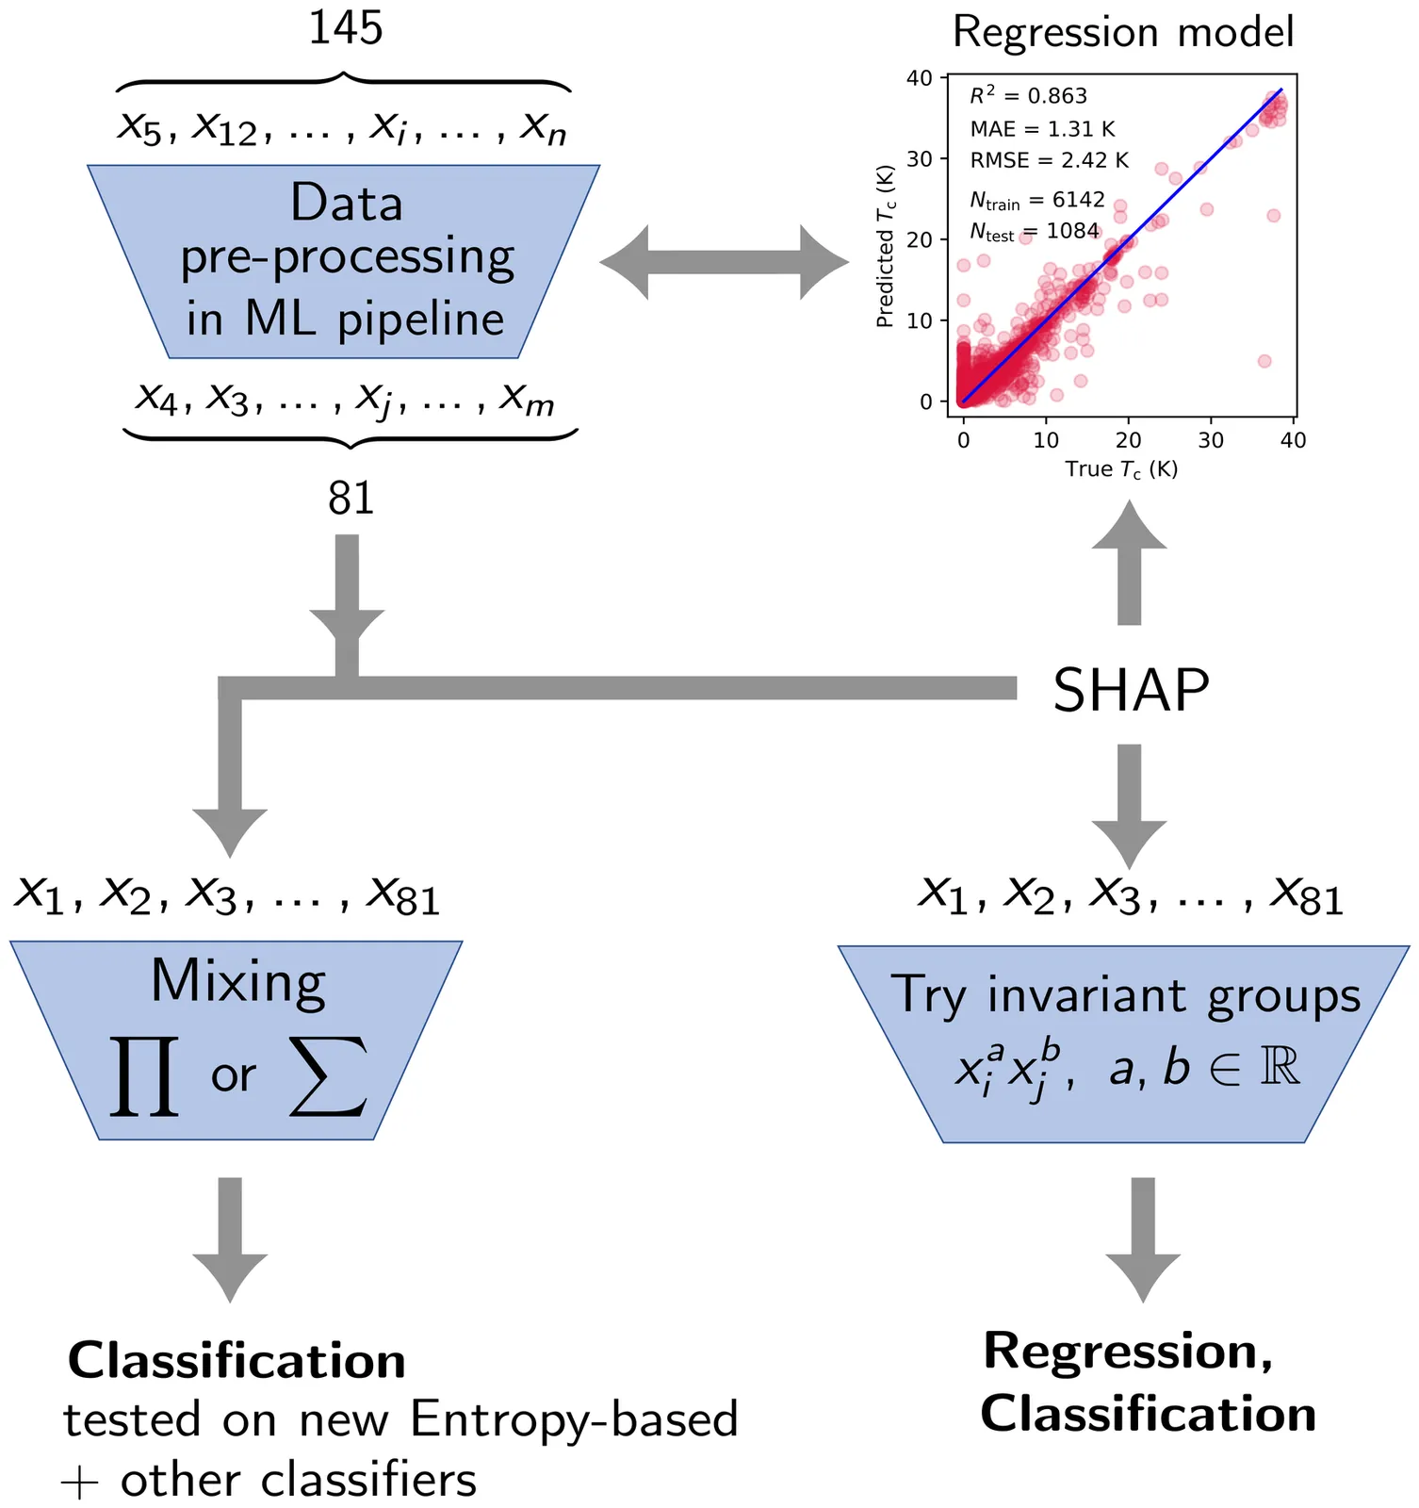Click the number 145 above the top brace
[346, 28]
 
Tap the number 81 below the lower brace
[351, 498]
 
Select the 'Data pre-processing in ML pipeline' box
[345, 261]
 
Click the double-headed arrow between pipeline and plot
[724, 262]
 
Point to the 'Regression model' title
[1123, 32]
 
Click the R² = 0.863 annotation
[1028, 95]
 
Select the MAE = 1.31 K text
[1042, 128]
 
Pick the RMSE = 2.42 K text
[1049, 160]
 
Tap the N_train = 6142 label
[1036, 200]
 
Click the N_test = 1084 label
[1035, 231]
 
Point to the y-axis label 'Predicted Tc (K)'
[885, 246]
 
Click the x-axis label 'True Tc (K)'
[1121, 468]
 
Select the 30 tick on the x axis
[1211, 440]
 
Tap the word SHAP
[1131, 690]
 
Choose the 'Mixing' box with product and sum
[236, 1040]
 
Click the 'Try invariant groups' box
[1124, 1043]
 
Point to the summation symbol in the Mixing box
[328, 1075]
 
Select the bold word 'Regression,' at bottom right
[1128, 1351]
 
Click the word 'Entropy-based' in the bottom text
[574, 1418]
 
